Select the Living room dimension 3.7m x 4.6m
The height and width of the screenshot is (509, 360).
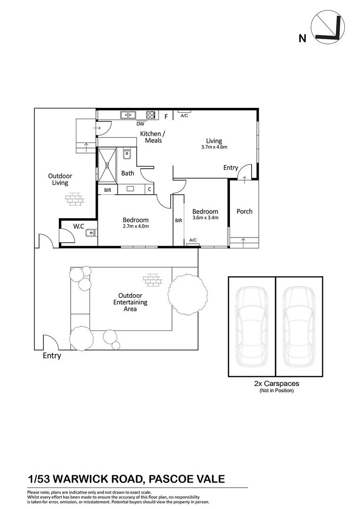point(214,147)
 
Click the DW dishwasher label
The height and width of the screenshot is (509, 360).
point(140,124)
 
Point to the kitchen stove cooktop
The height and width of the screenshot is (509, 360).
point(151,115)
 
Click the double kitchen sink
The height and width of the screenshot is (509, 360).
point(127,115)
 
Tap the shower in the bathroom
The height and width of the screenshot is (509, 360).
point(106,164)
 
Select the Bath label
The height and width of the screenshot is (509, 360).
point(127,173)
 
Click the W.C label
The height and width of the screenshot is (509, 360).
point(78,227)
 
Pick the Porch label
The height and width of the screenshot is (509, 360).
point(244,211)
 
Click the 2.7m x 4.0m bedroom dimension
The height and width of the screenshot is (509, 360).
point(136,226)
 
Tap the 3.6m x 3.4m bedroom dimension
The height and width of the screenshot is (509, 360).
point(205,218)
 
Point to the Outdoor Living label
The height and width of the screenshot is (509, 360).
point(60,180)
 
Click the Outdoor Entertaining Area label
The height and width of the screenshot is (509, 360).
point(130,302)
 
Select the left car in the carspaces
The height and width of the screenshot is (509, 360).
point(251,326)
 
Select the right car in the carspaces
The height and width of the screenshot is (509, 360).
point(299,326)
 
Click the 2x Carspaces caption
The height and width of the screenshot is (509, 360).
point(276,384)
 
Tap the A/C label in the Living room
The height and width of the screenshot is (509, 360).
point(184,116)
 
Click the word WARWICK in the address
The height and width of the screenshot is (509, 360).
point(83,479)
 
